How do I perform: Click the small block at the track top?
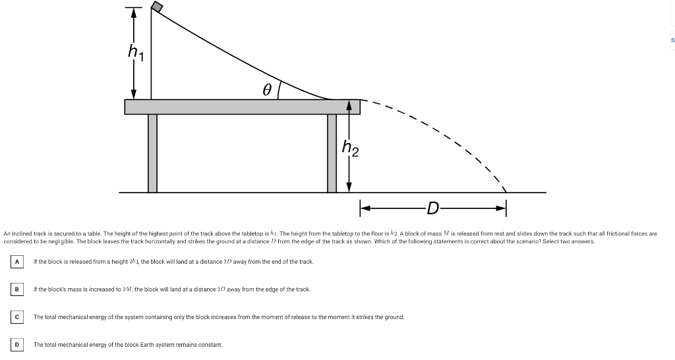click(157, 6)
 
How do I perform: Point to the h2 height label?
click(351, 150)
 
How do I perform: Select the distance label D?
click(432, 210)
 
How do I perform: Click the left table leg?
click(152, 153)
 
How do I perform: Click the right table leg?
click(332, 153)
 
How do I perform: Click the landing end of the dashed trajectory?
click(505, 191)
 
